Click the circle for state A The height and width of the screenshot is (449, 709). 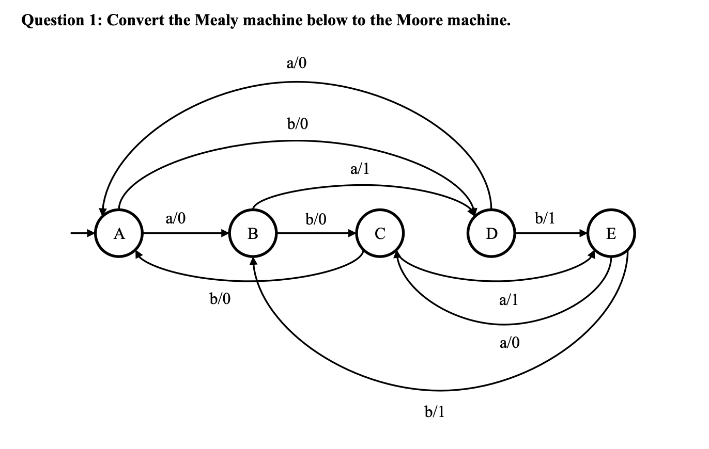pyautogui.click(x=120, y=234)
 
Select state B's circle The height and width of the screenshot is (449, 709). pyautogui.click(x=253, y=234)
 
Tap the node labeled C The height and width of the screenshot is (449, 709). pyautogui.click(x=380, y=234)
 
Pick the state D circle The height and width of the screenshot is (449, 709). pyautogui.click(x=491, y=234)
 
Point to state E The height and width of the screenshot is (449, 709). pyautogui.click(x=611, y=234)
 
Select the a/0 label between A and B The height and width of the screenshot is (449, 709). pyautogui.click(x=175, y=219)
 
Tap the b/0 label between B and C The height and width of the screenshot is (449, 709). pyautogui.click(x=316, y=220)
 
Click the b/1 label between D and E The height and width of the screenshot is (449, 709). pyautogui.click(x=545, y=218)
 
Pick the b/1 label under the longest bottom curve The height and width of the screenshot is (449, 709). pyautogui.click(x=434, y=411)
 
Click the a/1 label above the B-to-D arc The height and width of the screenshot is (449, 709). pyautogui.click(x=360, y=169)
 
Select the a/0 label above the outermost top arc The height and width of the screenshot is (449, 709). pyautogui.click(x=296, y=63)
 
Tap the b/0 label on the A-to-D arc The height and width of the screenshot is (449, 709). pyautogui.click(x=297, y=124)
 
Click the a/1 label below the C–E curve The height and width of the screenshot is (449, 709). pyautogui.click(x=508, y=299)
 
